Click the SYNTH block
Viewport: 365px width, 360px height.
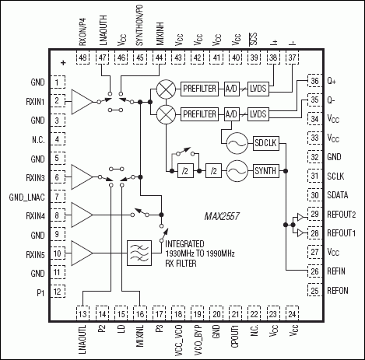click(x=268, y=169)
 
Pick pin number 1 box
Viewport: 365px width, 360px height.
click(x=58, y=82)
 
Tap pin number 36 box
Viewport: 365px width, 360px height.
click(x=314, y=81)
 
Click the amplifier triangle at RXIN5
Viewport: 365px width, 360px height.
click(x=80, y=252)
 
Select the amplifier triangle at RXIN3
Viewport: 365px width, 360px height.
click(x=80, y=176)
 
